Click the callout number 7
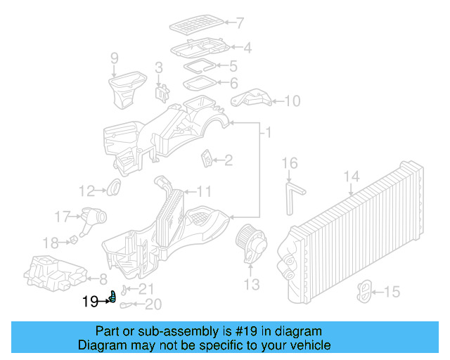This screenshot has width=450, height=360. click(240, 22)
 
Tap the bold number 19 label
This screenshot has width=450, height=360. click(90, 302)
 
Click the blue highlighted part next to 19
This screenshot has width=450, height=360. click(111, 298)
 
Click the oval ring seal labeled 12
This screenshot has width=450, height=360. click(113, 188)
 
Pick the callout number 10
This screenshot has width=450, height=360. click(291, 101)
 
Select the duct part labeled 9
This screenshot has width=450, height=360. click(123, 87)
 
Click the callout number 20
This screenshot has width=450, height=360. click(153, 304)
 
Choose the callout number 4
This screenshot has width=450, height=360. click(247, 49)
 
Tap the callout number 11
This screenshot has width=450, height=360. click(203, 191)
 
